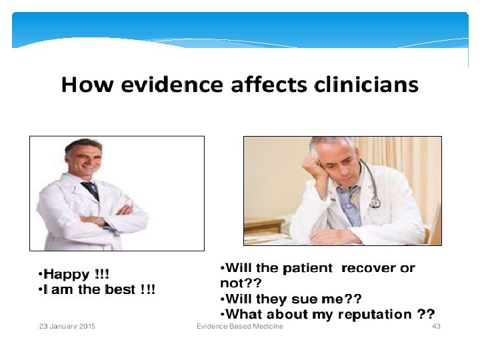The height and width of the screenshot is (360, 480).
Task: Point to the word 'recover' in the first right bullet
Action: [x=369, y=269]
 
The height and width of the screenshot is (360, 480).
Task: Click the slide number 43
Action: [x=437, y=326]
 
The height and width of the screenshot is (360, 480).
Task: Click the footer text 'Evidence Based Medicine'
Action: [x=240, y=326]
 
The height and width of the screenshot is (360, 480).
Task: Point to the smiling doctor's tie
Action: [x=91, y=189]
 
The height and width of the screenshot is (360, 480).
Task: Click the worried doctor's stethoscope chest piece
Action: [x=375, y=201]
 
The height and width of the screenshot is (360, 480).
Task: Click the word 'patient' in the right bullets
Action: [x=307, y=269]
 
